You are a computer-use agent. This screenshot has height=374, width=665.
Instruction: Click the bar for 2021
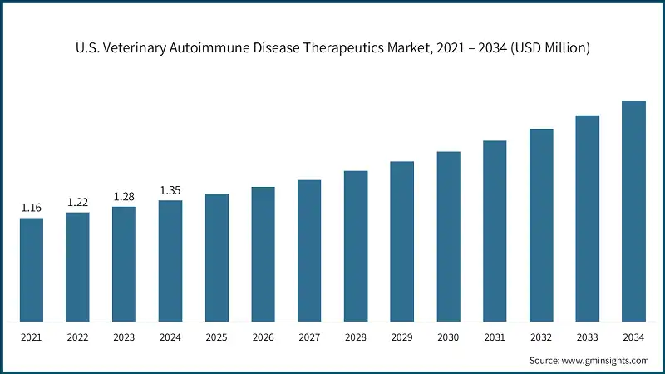32,269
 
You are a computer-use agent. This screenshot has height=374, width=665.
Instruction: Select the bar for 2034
634,211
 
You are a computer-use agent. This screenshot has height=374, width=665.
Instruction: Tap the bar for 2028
356,246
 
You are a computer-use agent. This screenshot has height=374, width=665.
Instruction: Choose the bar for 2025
217,258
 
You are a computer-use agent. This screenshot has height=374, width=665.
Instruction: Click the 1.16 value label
32,207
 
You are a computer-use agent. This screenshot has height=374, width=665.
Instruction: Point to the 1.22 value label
78,202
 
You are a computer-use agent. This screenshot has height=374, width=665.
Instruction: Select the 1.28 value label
125,196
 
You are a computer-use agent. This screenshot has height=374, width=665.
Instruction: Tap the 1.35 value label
170,190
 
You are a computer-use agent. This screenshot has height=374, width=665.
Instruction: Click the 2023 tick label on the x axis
125,338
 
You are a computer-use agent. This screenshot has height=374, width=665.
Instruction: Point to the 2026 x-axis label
264,338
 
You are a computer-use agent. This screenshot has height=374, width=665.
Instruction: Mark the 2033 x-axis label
588,338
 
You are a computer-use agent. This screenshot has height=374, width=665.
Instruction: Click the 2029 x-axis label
402,338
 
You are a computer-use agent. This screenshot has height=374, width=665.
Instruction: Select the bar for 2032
541,225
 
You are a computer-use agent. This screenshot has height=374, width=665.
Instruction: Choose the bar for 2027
309,250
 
